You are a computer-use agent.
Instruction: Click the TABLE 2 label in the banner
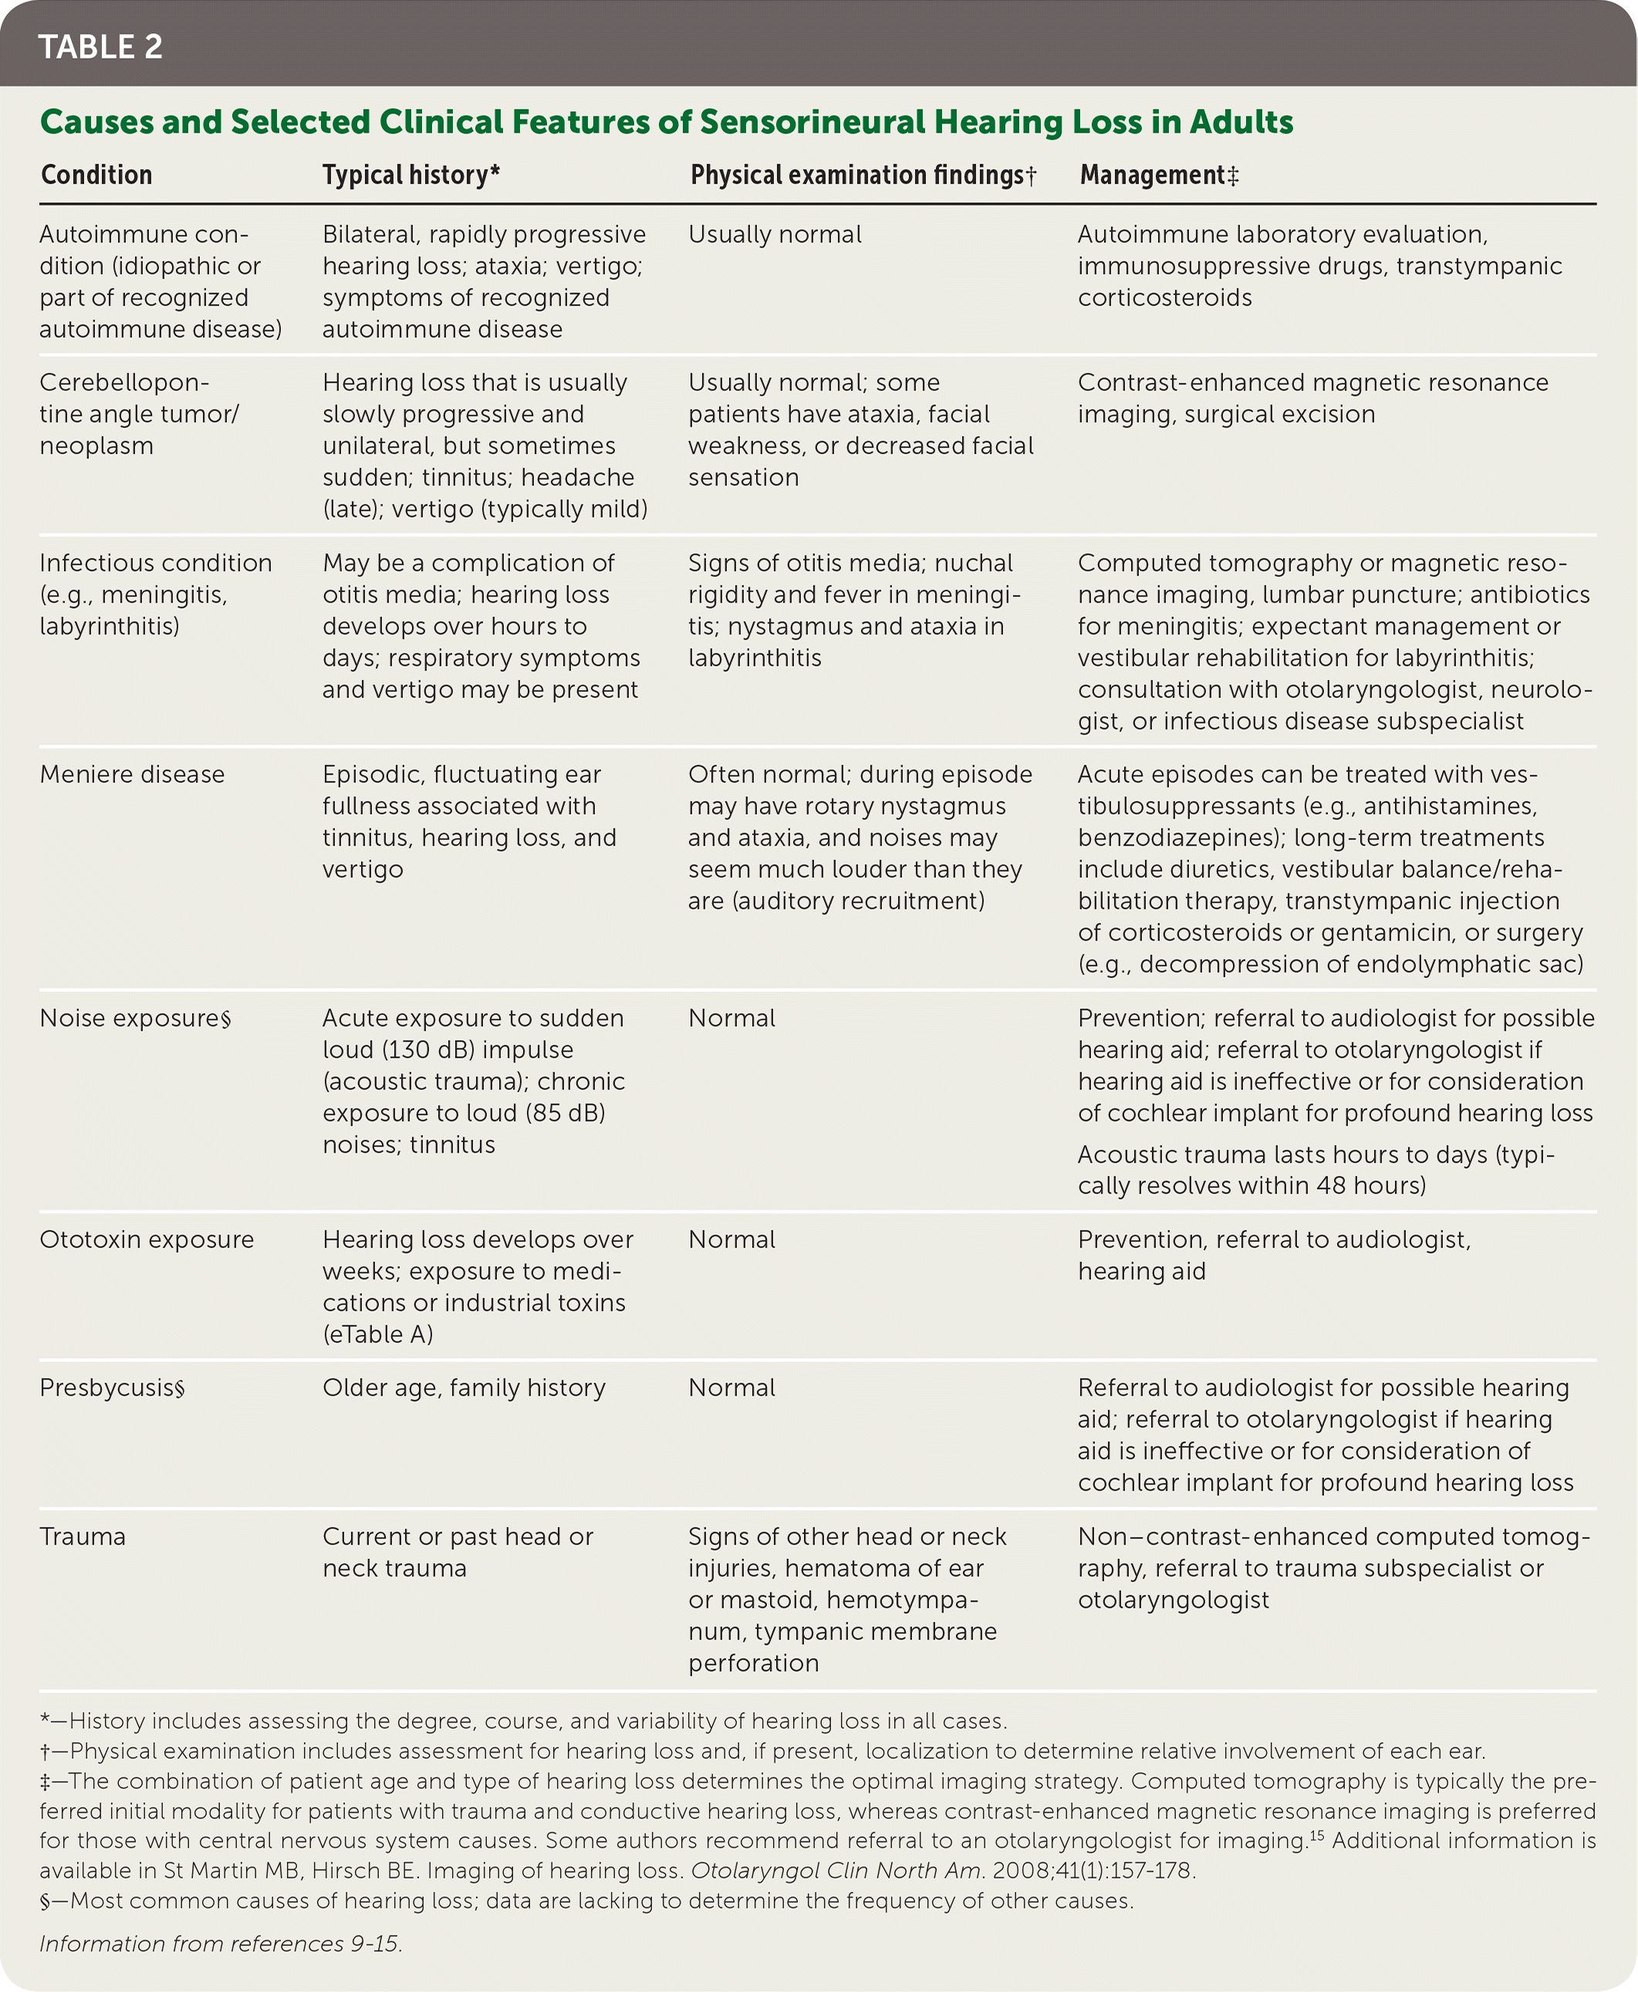pyautogui.click(x=100, y=46)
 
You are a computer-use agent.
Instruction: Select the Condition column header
pyautogui.click(x=96, y=174)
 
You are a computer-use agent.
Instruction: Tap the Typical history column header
pyautogui.click(x=410, y=174)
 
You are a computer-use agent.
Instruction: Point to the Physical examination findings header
pyautogui.click(x=862, y=174)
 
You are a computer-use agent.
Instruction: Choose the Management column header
pyautogui.click(x=1158, y=174)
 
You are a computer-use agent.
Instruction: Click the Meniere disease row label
pyautogui.click(x=132, y=774)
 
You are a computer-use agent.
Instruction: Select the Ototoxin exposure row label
pyautogui.click(x=147, y=1239)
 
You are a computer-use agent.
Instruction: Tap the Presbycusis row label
pyautogui.click(x=111, y=1387)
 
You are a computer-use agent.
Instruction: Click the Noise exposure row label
pyautogui.click(x=134, y=1018)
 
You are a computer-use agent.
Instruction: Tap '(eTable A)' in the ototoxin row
pyautogui.click(x=377, y=1333)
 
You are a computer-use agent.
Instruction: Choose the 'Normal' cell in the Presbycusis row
pyautogui.click(x=731, y=1387)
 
